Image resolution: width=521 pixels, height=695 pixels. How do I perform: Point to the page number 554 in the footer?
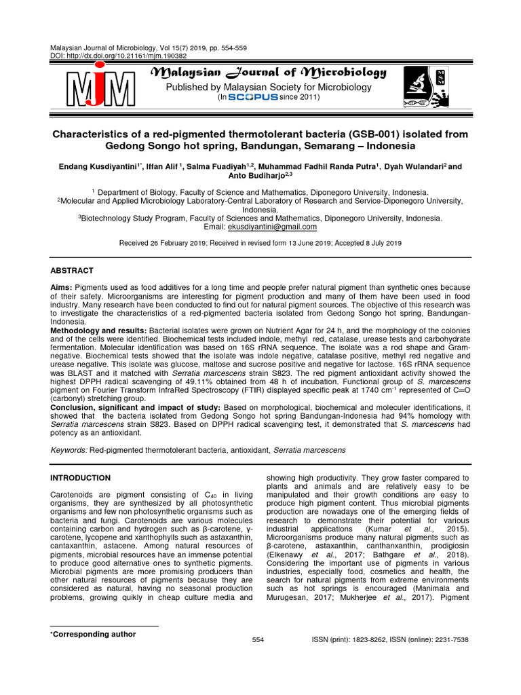click(x=258, y=640)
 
